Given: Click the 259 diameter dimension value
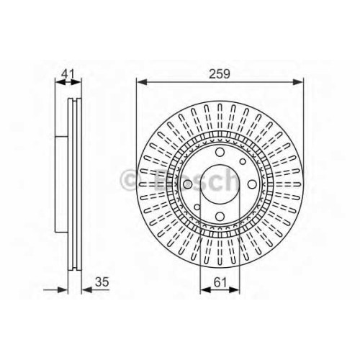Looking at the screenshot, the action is pos(220,73).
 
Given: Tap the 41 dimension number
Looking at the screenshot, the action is pos(68,73).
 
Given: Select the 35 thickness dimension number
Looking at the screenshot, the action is pos(102,282).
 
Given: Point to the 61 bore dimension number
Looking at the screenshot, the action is pos(220,282).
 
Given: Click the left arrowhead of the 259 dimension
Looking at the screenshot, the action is pos(141,82).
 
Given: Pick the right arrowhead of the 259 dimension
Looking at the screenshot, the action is pos(298,82).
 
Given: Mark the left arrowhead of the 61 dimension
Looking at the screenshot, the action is pos(205,290).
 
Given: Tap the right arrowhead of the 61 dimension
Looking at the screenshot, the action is pos(234,290).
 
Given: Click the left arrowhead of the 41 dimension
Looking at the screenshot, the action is pos(60,82).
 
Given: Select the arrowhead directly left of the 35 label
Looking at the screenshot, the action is pos(87,290).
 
